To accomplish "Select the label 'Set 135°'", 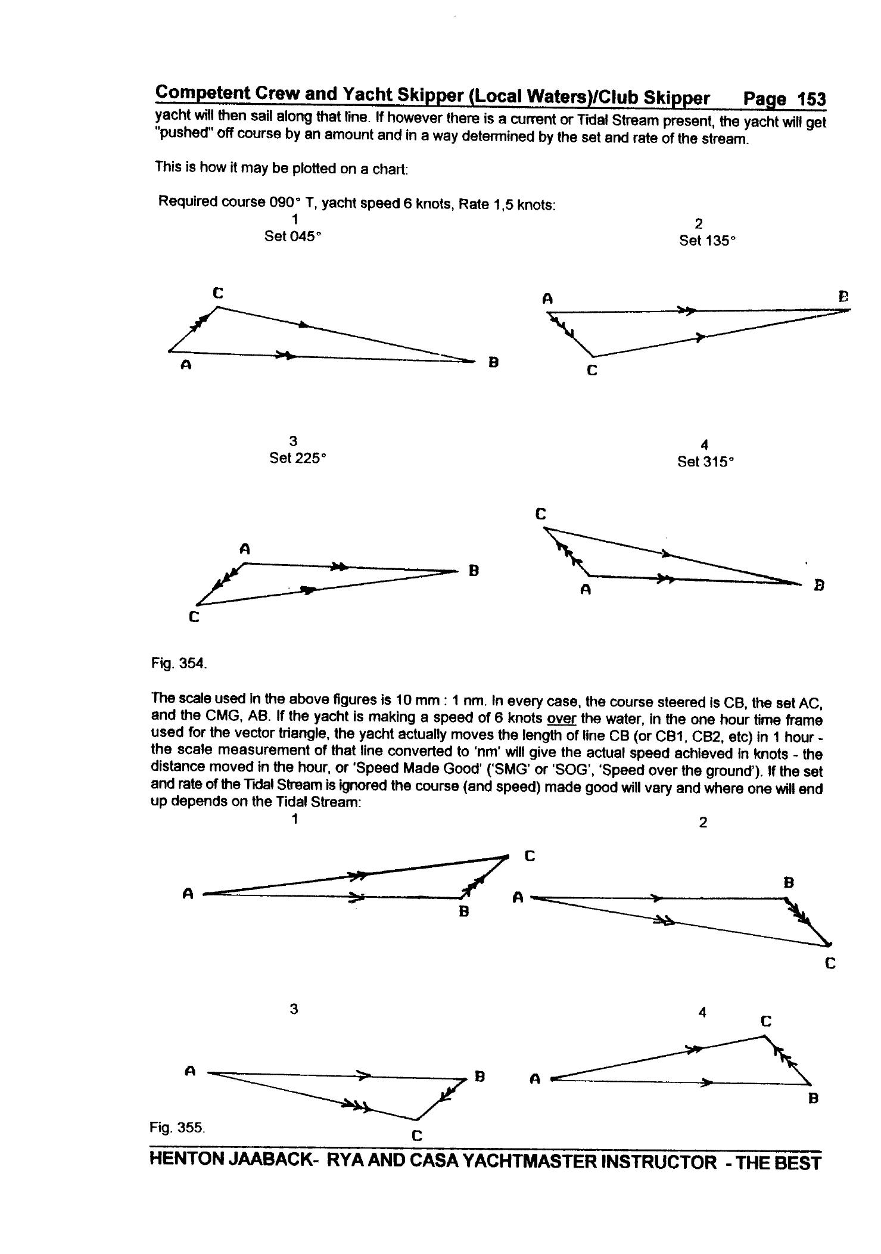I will click(707, 241).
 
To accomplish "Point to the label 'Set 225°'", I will click(298, 458).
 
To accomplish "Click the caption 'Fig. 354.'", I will click(179, 663).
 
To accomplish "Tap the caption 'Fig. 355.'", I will click(177, 1127).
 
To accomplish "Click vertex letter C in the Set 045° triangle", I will click(218, 293).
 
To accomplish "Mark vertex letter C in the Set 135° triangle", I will click(592, 371).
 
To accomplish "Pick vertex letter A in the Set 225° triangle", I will click(244, 549).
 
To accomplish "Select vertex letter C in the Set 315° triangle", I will click(540, 514).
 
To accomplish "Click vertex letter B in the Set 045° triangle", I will click(493, 362).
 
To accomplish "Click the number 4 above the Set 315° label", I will click(705, 444).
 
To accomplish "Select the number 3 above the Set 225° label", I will click(293, 441).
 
